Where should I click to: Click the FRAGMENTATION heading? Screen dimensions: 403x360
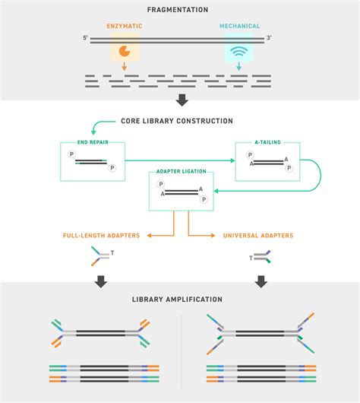[179, 10]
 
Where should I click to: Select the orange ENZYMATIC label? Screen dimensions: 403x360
[124, 27]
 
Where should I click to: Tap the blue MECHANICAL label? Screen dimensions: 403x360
[239, 27]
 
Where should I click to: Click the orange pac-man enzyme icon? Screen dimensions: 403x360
[124, 52]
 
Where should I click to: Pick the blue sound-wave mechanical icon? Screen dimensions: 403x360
[239, 52]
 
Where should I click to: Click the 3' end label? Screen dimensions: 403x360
[269, 37]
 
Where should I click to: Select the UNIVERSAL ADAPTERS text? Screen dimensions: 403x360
[258, 236]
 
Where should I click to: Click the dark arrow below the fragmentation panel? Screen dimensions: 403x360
[179, 98]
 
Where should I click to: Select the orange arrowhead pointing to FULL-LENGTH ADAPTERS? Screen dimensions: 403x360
[148, 236]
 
